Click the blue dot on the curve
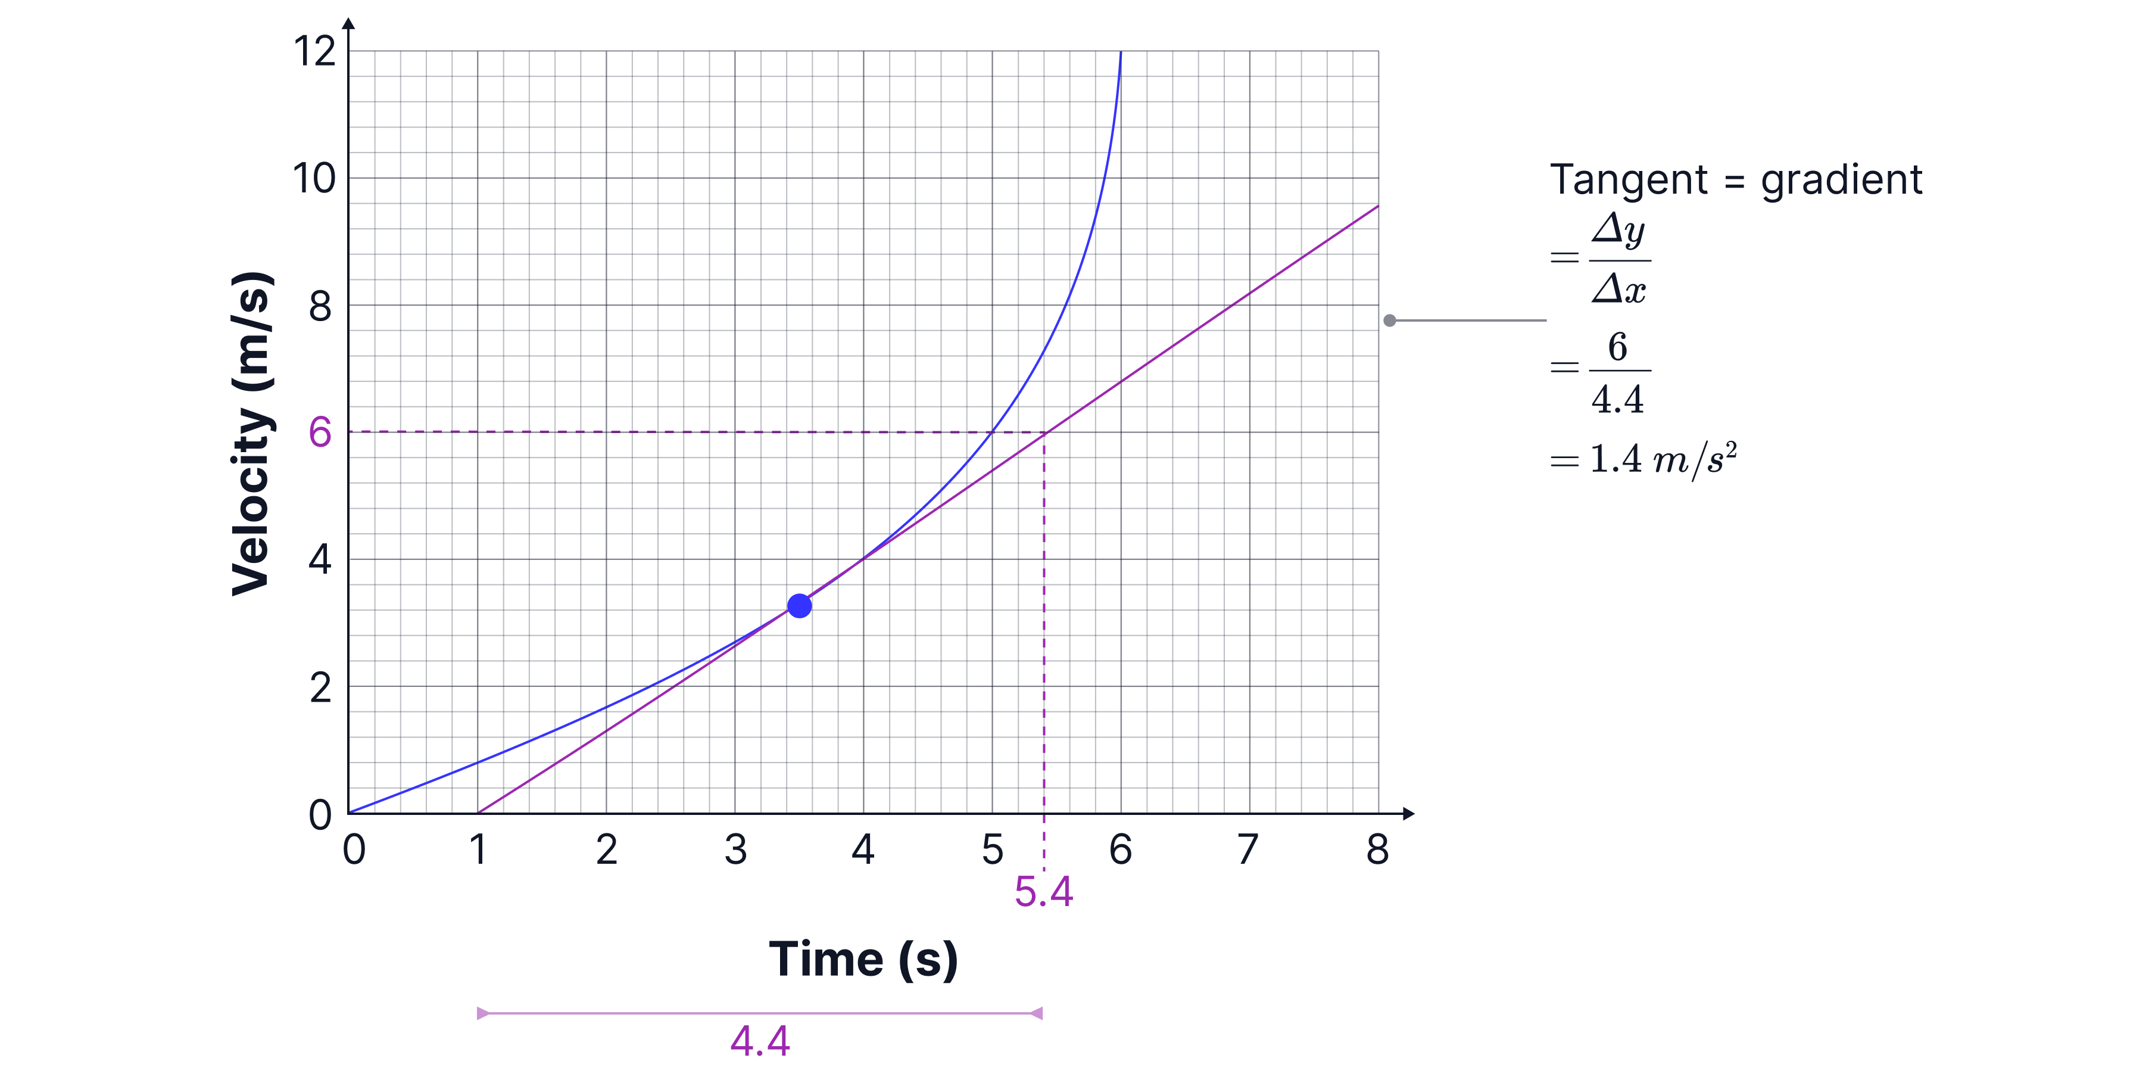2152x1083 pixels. (800, 606)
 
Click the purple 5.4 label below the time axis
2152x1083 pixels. (1043, 892)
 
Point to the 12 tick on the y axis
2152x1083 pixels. (315, 52)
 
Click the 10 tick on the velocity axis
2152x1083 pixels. (314, 179)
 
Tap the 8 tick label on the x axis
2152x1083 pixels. (1377, 850)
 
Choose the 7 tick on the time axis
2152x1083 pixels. (1248, 850)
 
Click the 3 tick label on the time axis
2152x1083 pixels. (735, 850)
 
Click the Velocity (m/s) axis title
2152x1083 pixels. (251, 434)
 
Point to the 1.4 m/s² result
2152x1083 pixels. (1663, 460)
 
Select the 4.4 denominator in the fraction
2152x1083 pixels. (1618, 400)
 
